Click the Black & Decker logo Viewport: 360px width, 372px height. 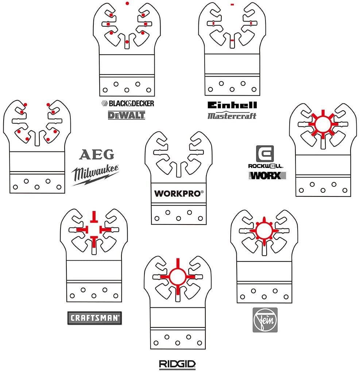click(126, 103)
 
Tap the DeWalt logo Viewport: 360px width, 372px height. click(126, 115)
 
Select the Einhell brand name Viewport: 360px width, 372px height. click(232, 105)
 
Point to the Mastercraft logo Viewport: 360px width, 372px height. click(232, 116)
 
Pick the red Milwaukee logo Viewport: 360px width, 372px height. click(95, 174)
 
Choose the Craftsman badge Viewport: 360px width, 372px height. click(94, 318)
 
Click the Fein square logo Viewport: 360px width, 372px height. click(265, 320)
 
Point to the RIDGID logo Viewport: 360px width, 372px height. click(177, 364)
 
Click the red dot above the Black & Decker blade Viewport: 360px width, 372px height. click(127, 3)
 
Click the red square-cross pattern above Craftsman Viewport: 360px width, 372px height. click(94, 229)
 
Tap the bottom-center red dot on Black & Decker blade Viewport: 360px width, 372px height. click(127, 42)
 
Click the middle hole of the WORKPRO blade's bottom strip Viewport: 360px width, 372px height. click(178, 218)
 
